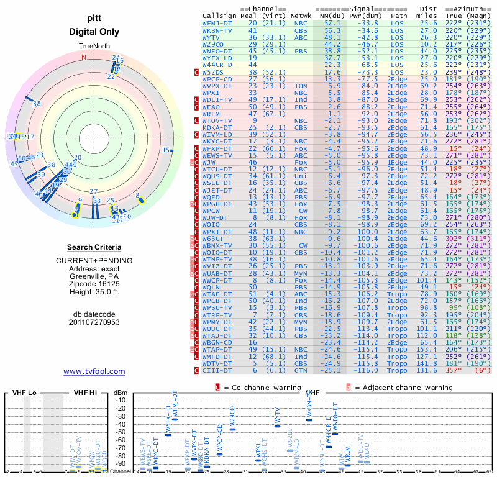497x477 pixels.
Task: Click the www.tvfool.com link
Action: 94,371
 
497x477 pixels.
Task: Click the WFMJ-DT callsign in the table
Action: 217,22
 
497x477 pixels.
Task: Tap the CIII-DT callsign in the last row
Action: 217,370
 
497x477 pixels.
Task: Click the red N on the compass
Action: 84,57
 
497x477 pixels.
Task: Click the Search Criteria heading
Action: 94,247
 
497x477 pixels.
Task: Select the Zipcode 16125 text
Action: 94,281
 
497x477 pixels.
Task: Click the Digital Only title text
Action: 94,31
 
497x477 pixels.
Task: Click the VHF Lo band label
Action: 22,393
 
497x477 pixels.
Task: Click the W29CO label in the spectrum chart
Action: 232,416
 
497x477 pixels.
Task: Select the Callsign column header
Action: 219,15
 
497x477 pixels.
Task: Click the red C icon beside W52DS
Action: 196,71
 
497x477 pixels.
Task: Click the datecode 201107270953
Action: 94,322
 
